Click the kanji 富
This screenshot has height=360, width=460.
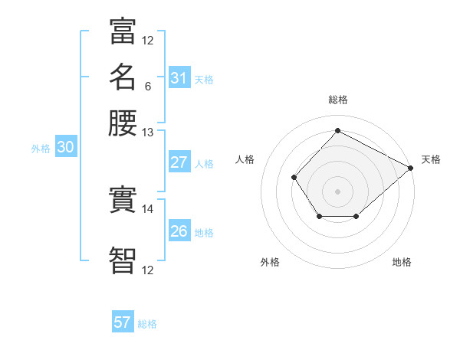coord(123,32)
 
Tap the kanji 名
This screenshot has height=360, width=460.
coord(123,77)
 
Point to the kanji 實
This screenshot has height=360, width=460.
coord(123,200)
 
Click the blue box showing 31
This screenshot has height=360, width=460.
coord(179,78)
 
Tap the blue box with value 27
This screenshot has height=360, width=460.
coord(179,162)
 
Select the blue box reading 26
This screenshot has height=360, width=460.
coord(179,231)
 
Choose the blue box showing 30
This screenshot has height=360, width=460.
coord(65,148)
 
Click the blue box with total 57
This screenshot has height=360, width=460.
coord(123,322)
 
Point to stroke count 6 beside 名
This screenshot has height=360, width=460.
coord(147,86)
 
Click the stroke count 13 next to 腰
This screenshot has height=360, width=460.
coord(148,132)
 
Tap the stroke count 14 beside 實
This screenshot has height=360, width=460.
coord(148,208)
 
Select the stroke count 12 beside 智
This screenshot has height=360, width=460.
coord(148,270)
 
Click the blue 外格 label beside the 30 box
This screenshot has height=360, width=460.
coord(41,149)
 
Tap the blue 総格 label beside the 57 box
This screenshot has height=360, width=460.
coord(147,324)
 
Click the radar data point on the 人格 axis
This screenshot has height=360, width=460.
coord(294,178)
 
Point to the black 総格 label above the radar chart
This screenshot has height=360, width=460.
coord(337,100)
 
